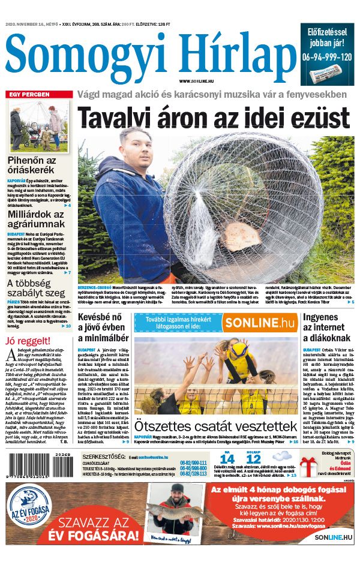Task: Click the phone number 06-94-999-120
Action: (328, 57)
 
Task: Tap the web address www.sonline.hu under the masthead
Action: (197, 80)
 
